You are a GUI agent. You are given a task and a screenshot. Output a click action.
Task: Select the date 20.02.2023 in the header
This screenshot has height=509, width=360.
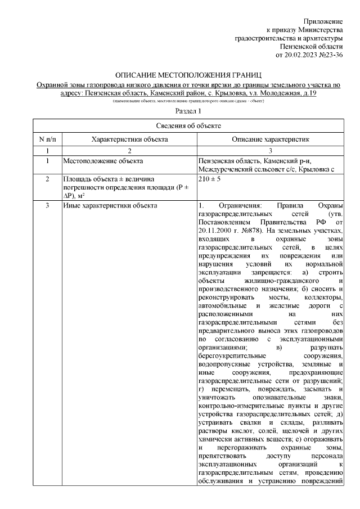pos(302,55)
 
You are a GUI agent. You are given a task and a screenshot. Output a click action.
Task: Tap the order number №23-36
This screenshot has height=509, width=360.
pos(331,55)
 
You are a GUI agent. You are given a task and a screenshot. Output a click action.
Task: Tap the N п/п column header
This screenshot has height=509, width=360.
pos(47,138)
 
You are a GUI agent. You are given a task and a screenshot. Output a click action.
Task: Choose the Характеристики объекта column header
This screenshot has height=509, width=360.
pos(129,138)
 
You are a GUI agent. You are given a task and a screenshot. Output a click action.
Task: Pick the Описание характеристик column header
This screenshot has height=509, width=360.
pos(271,138)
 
